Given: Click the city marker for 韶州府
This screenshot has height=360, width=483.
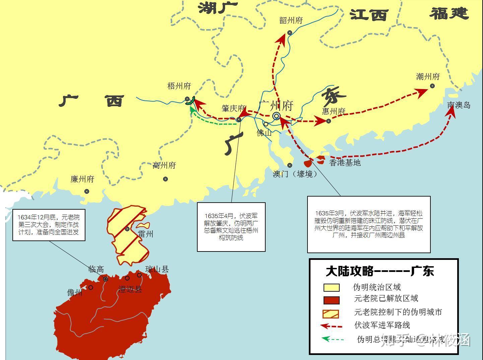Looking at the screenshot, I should click(290, 33).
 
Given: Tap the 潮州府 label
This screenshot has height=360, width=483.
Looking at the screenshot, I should click(428, 77).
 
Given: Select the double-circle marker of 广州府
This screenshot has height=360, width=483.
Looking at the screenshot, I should click(276, 116).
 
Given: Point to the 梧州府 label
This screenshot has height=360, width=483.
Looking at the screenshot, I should click(179, 86).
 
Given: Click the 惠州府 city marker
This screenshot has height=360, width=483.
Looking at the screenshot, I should click(329, 121).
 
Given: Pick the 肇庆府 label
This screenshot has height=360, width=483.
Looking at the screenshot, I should click(233, 109).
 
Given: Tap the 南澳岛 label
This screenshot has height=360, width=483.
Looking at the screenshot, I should click(459, 105).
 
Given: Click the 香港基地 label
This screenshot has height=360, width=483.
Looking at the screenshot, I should click(345, 163).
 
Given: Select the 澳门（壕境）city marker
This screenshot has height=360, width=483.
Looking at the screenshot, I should click(290, 165).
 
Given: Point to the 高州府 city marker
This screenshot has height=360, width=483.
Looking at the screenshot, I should click(165, 179).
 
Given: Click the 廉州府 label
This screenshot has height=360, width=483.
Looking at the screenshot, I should click(82, 179).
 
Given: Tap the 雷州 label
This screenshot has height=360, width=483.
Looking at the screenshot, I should click(146, 234).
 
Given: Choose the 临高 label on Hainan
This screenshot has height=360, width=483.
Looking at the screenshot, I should click(96, 269).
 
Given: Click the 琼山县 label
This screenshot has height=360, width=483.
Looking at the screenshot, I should click(157, 269).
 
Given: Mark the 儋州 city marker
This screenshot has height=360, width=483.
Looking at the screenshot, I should click(91, 287).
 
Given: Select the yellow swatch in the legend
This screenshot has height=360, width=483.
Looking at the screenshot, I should click(331, 288).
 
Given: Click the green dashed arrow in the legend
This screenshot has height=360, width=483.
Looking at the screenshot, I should click(332, 339).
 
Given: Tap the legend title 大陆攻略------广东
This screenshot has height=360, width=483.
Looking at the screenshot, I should click(380, 271).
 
